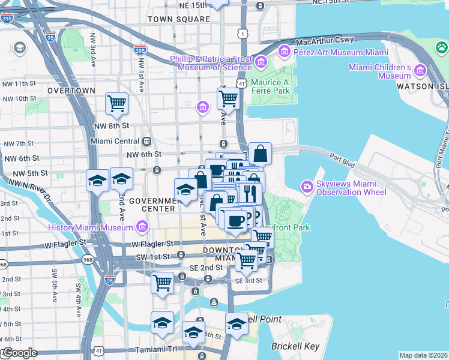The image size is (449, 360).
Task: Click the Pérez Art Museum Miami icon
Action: click(283, 52)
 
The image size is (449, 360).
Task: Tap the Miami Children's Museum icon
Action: click(420, 71)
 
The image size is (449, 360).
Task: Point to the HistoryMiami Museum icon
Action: click(142, 227)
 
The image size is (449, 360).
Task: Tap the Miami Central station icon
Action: click(146, 141)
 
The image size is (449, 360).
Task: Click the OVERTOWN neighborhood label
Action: click(71, 90)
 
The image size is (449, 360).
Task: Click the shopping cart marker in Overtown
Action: click(117, 103)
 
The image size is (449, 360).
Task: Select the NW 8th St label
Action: click(112, 126)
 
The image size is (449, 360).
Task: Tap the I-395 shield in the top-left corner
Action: click(7, 19)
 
